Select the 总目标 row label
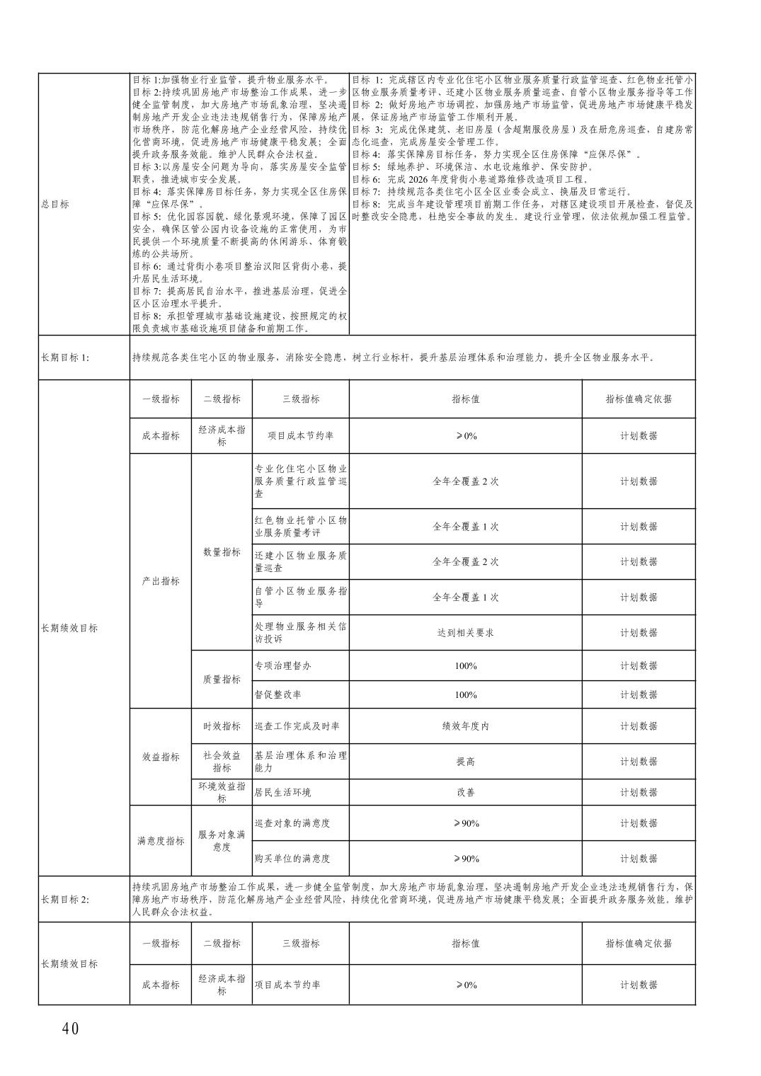coord(55,204)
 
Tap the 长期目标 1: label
coord(65,357)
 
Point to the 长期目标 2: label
coord(65,899)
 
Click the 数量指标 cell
coord(222,551)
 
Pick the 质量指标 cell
coord(222,679)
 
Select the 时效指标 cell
coord(222,726)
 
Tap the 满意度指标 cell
coord(161,841)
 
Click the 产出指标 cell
coord(161,580)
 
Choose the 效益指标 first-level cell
coord(161,756)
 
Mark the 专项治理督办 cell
coord(283,665)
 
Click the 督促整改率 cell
coord(278,694)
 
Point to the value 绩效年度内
coord(465,726)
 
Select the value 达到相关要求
coord(465,632)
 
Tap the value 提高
coord(465,761)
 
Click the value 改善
coord(465,792)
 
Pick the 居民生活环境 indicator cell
coord(283,792)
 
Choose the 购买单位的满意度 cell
coord(292,859)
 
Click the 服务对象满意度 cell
coord(222,840)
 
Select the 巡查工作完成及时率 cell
coord(297,726)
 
